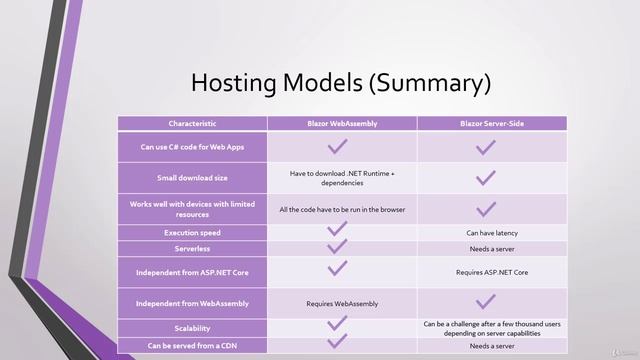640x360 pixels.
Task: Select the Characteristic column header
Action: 192,123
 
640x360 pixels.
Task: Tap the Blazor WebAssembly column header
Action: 342,123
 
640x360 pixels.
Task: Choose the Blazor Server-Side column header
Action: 491,123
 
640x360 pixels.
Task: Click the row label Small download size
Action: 192,178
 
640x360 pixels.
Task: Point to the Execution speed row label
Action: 192,232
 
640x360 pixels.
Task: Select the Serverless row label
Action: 192,247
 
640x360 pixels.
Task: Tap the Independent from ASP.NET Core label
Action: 192,271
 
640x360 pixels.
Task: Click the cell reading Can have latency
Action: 491,232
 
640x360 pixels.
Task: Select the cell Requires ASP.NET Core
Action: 491,271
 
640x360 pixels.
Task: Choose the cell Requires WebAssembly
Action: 342,302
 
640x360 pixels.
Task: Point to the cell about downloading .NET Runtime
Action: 342,178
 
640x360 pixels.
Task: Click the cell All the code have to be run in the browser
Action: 342,209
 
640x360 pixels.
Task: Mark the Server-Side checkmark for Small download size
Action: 486,178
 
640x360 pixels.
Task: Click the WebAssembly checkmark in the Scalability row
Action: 338,323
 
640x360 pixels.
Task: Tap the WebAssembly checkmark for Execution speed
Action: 338,230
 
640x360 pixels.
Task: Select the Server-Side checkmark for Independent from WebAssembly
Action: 486,300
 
